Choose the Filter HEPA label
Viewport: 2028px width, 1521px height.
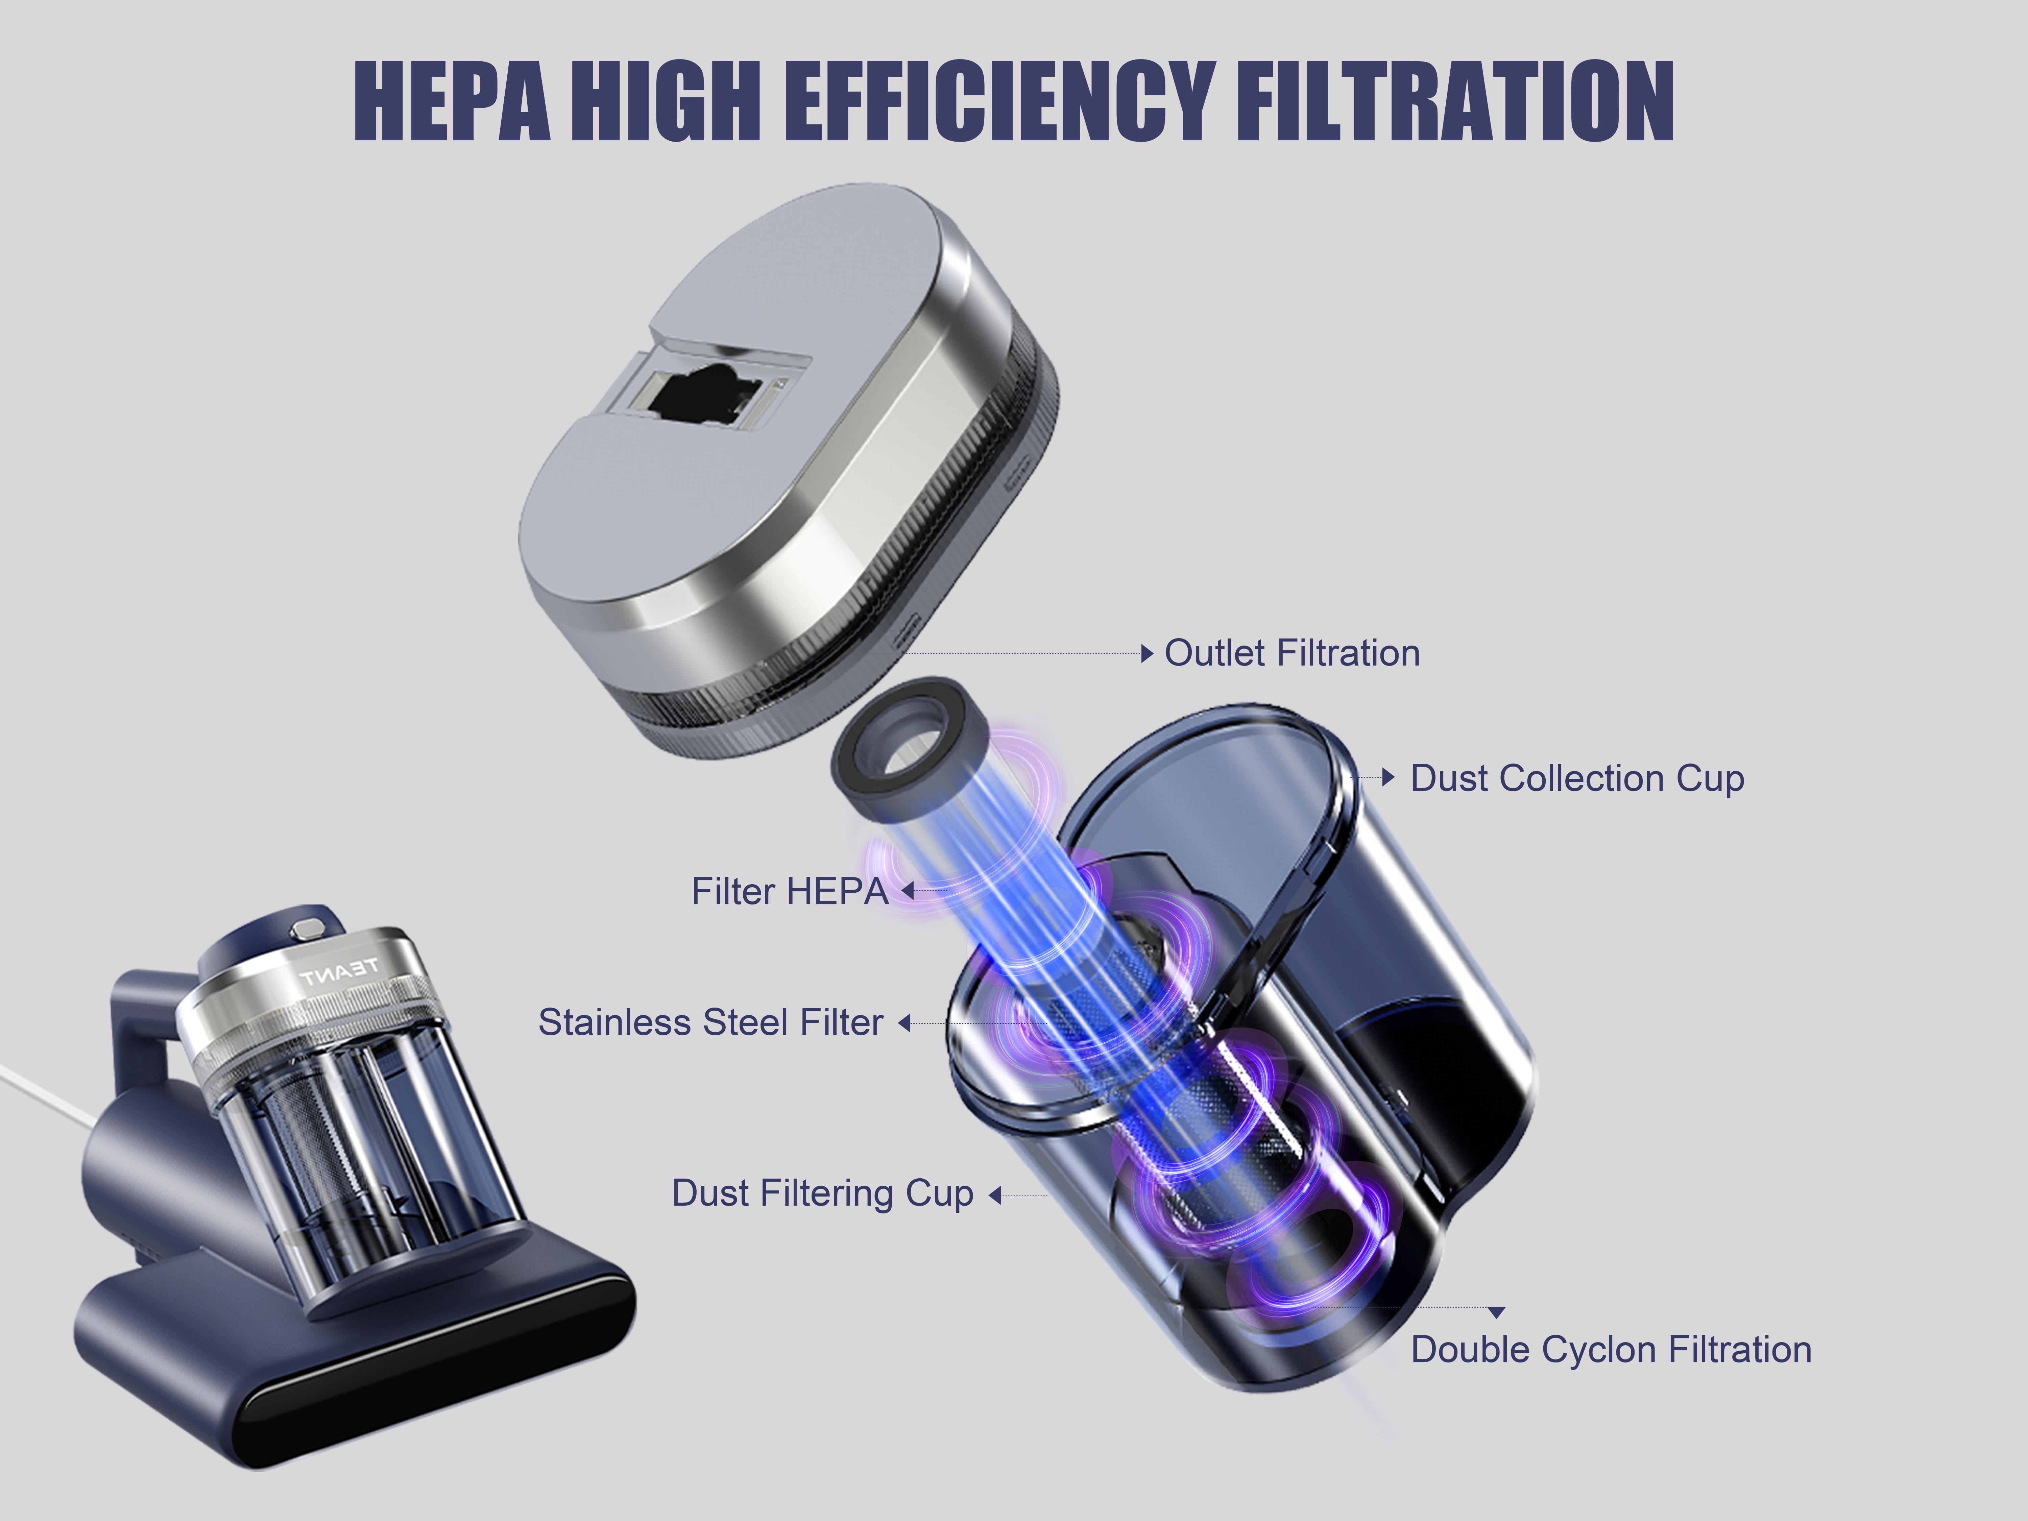tap(789, 891)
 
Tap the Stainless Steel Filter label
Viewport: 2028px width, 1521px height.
tap(710, 1022)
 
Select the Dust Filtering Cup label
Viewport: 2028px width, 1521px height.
tap(822, 1194)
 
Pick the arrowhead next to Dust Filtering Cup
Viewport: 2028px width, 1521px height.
tap(995, 1196)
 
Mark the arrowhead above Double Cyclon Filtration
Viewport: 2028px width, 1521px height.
tap(1496, 1313)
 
